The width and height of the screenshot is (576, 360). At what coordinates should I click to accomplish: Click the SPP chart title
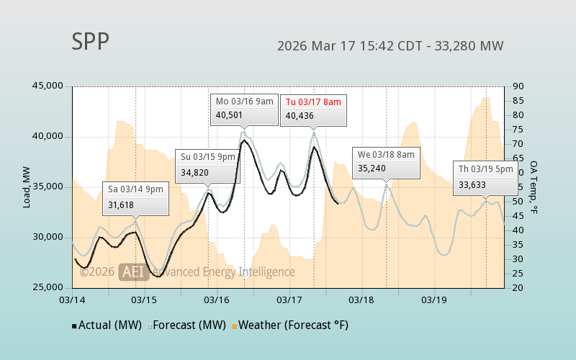pos(91,42)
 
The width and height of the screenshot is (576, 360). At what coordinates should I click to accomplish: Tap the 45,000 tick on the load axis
pos(48,86)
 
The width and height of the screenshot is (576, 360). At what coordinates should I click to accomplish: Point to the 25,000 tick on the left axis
pos(48,287)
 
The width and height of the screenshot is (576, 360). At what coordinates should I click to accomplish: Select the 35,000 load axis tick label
pos(48,186)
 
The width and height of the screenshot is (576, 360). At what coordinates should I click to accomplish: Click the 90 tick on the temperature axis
pos(518,86)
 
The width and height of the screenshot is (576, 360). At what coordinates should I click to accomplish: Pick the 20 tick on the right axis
pos(518,287)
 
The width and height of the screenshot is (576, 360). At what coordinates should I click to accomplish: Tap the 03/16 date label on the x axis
pos(217,299)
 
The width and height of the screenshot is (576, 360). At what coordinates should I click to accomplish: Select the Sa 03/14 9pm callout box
pos(136,197)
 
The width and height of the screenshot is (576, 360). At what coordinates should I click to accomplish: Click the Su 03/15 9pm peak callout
pos(208,163)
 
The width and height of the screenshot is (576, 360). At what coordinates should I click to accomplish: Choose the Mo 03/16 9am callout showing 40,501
pos(244,108)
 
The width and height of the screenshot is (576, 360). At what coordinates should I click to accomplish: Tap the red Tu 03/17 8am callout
pos(312,108)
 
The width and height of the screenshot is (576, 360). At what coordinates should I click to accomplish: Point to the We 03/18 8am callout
pos(386,162)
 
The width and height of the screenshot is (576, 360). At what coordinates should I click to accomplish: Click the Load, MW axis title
pos(27,186)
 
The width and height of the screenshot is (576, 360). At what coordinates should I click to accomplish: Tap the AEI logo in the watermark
pos(134,271)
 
